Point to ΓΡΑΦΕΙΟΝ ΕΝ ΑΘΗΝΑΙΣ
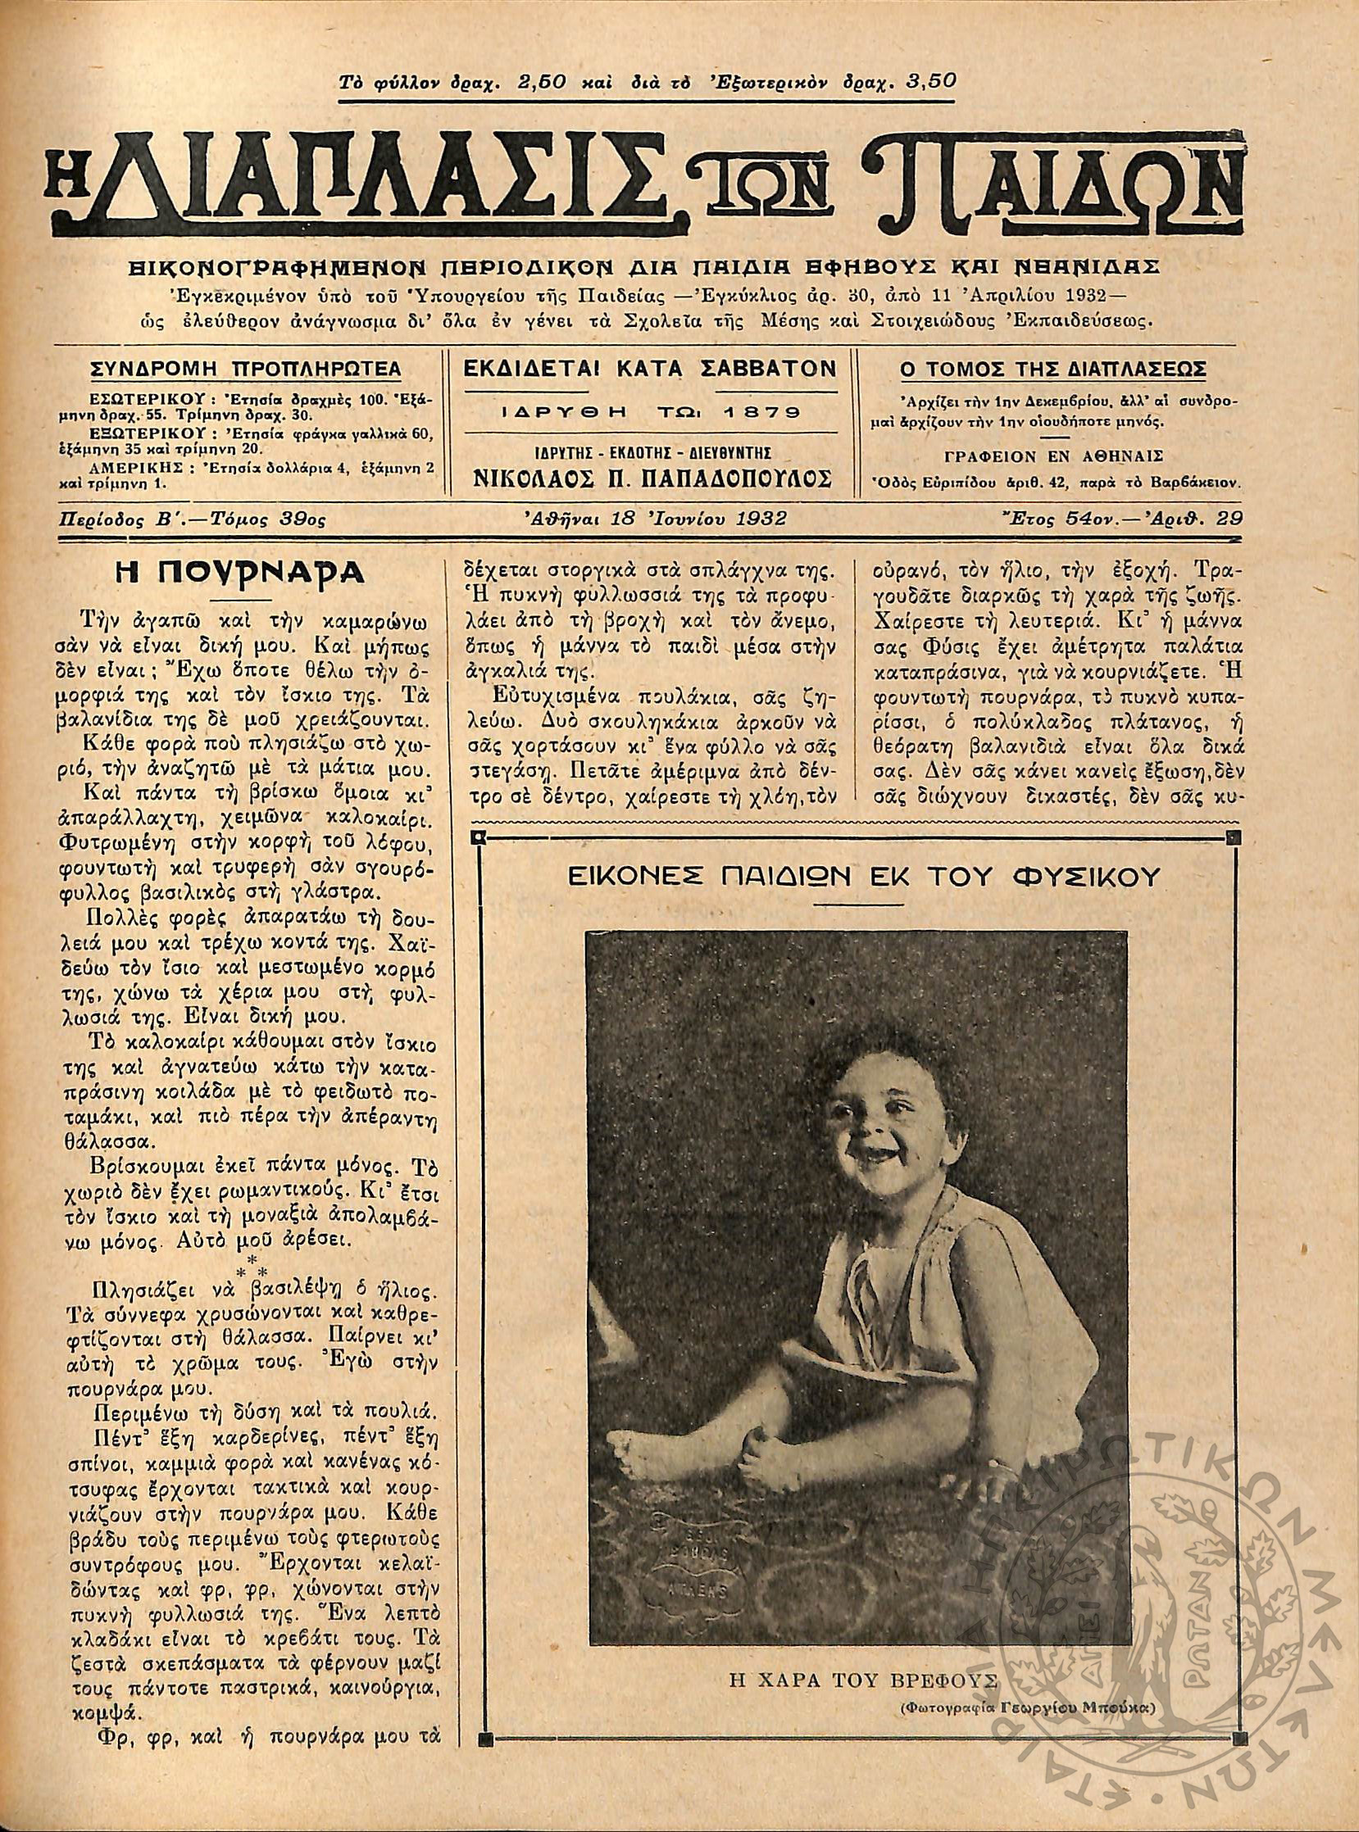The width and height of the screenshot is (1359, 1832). coord(1057,457)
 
